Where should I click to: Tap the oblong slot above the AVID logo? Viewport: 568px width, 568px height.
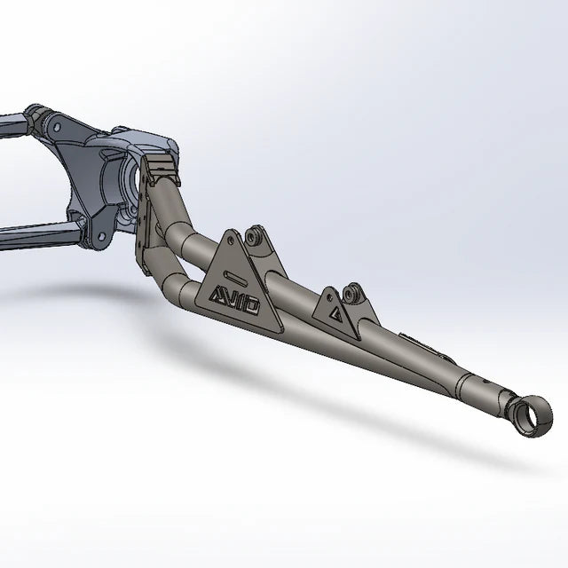238,279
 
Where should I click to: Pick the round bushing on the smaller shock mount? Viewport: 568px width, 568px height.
349,295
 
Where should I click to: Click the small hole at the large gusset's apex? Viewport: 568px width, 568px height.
230,239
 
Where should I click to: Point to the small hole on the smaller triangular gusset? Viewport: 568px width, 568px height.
329,297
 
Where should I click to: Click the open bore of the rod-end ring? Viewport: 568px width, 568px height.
527,416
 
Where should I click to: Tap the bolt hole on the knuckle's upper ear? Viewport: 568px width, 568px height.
56,127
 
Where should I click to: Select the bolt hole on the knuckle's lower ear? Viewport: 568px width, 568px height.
102,237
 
